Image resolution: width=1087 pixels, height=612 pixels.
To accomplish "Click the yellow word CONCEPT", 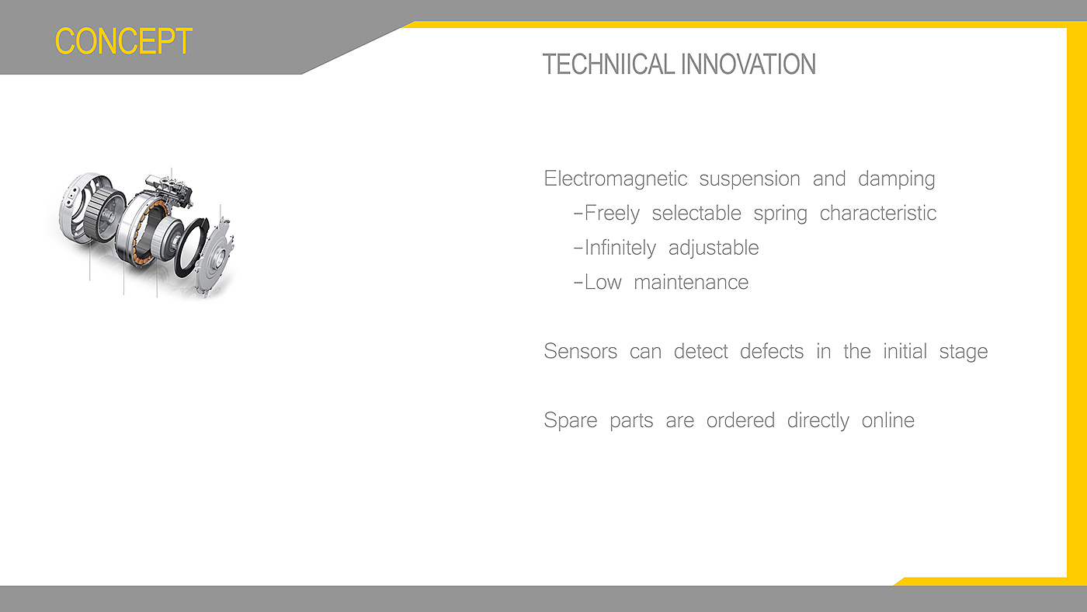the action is point(123,41).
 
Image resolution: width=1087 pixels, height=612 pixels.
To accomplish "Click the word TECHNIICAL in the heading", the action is point(609,64).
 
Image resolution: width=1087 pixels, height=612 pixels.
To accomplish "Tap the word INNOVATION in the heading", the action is point(748,64).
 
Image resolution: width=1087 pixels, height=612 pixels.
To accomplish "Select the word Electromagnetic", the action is point(615,179).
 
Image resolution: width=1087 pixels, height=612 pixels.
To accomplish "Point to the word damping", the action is point(896,179).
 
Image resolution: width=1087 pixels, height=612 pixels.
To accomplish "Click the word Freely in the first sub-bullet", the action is point(612,214).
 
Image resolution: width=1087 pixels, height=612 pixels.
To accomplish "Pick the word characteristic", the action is point(878,213).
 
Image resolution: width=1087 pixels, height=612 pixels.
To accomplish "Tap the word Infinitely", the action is point(620,248).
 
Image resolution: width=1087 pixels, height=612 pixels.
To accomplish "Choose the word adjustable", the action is point(714,248).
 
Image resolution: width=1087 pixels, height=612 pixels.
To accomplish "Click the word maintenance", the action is point(691,283).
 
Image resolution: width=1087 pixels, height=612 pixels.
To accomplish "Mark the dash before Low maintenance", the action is point(578,283).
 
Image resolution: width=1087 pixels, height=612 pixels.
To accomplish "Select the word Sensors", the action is point(581,351).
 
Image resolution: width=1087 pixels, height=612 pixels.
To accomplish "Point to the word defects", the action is point(772,351).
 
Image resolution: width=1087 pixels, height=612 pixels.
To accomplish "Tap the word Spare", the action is point(570,421).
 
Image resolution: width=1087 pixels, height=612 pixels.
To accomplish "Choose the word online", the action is point(887,420).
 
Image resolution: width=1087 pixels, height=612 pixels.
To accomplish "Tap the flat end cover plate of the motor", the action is point(214,257).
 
